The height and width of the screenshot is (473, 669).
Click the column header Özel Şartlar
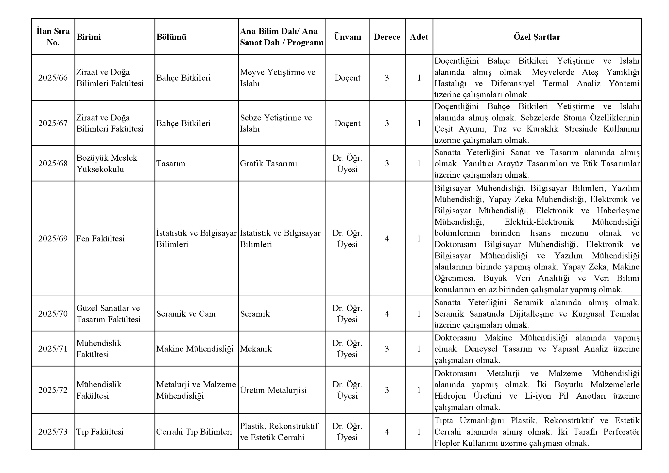pos(537,37)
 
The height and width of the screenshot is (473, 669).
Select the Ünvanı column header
pos(347,37)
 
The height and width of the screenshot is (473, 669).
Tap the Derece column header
pos(387,37)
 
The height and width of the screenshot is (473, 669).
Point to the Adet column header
pos(419,37)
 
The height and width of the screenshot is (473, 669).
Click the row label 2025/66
pos(53,78)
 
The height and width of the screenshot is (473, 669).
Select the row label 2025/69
pos(53,238)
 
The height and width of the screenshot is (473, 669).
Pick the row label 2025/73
pos(53,432)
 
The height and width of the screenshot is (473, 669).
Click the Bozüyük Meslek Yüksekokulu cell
pos(107,163)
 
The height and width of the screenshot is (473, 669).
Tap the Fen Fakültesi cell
pos(101,238)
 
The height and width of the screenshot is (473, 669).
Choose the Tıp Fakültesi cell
pos(100,432)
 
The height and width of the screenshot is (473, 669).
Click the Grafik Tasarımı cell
pos(268,163)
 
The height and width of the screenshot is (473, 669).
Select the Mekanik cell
pos(256,349)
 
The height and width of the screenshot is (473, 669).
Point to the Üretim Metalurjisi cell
pos(273,390)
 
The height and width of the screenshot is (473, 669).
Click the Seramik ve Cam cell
pos(186,314)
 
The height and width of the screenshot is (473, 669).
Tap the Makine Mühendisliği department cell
pos(195,349)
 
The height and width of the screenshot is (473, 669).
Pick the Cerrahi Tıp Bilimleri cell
pos(194,432)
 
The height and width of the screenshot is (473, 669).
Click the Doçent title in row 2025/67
pos(347,123)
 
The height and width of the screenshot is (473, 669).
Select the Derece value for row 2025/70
pos(387,314)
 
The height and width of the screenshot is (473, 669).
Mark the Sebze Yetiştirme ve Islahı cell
pos(276,123)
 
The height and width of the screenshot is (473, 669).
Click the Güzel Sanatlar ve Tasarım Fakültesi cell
pos(108,314)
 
